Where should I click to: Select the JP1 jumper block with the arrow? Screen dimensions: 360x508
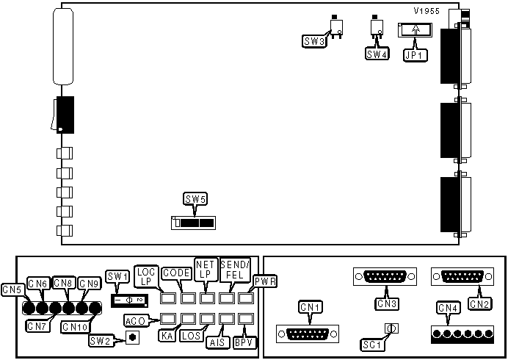point(416,30)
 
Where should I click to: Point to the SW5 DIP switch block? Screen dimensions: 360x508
point(193,221)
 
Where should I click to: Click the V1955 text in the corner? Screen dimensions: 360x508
point(426,12)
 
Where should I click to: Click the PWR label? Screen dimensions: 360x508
point(264,281)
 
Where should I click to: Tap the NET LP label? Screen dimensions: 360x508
point(205,269)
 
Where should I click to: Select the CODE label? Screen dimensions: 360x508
point(175,273)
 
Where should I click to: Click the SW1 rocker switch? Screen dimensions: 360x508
point(130,300)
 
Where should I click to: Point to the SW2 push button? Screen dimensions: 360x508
point(133,338)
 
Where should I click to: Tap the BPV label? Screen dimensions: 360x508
point(243,342)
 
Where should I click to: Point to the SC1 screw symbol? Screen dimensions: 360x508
point(391,329)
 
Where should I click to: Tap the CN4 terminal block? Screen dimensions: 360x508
point(462,334)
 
